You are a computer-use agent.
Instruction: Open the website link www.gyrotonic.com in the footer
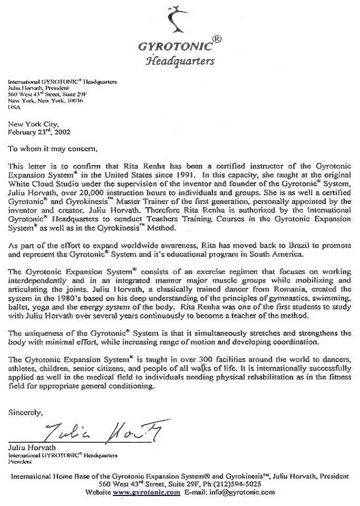click(147, 492)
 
